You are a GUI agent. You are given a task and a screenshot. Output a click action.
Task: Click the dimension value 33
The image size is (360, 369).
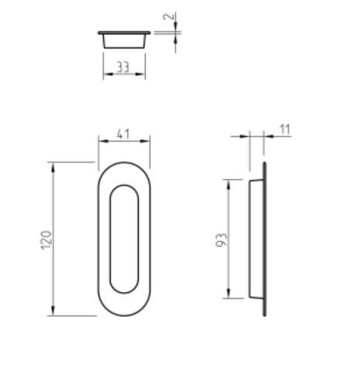tap(123, 67)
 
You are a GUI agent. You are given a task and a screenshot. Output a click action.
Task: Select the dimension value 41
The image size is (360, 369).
tap(123, 134)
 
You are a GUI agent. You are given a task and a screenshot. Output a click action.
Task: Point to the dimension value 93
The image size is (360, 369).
tap(220, 239)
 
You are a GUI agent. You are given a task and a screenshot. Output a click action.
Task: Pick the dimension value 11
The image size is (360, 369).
tap(284, 129)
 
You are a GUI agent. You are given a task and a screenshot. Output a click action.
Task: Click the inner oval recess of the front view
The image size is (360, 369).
tap(123, 239)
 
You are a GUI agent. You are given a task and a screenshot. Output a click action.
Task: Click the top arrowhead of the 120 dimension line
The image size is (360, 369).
tap(53, 165)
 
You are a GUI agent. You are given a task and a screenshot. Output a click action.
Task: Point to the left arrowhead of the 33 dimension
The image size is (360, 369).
tap(106, 75)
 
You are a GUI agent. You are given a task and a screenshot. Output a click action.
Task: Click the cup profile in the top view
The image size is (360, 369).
tap(124, 40)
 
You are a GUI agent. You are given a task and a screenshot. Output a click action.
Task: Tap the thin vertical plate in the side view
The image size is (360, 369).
tap(265, 239)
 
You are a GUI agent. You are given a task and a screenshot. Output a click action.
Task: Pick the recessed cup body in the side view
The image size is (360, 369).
tap(255, 239)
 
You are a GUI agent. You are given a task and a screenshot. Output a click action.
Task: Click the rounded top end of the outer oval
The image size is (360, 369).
tap(123, 165)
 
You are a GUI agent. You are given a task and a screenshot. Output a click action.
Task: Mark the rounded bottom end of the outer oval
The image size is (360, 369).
tap(123, 313)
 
